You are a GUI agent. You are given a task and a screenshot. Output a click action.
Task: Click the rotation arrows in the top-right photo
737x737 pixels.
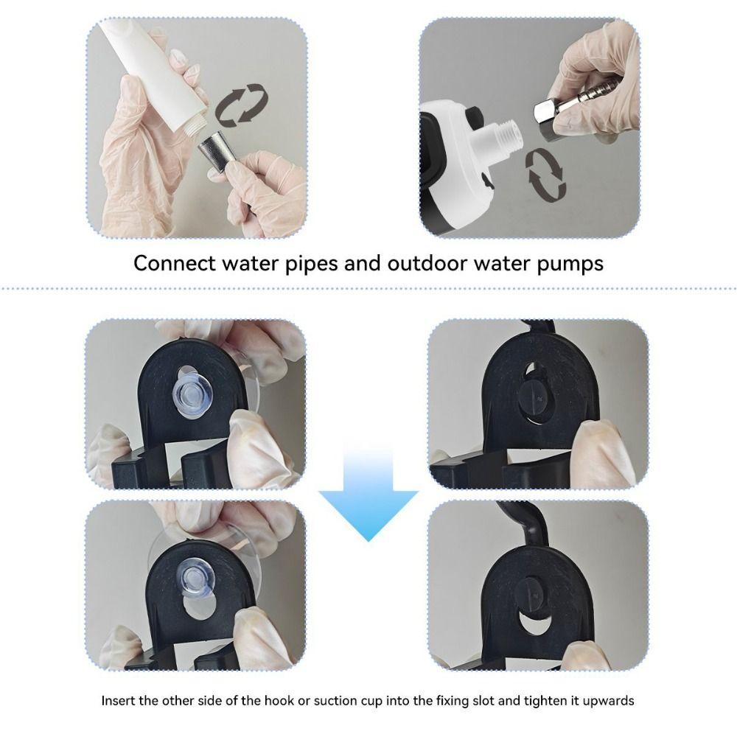click(546, 173)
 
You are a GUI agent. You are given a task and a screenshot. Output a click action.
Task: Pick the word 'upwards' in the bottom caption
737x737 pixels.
click(608, 700)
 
